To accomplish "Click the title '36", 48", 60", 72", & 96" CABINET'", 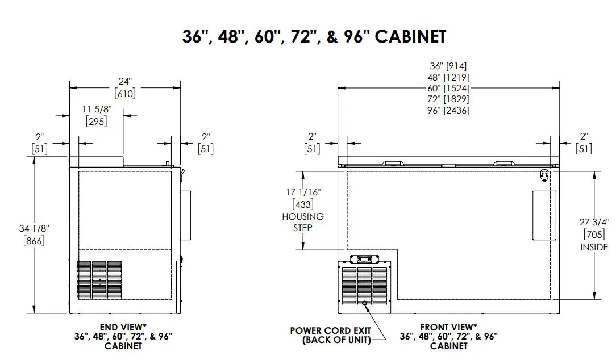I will pos(314,36).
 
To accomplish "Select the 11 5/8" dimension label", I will pos(96,108).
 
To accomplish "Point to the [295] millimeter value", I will pos(96,121).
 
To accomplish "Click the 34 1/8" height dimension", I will pos(34,228).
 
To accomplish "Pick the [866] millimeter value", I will pos(34,240).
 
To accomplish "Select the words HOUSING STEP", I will pos(302,222).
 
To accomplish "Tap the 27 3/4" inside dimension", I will pos(594,222).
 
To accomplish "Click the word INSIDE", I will pos(594,247).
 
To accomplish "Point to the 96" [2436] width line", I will pos(449,111).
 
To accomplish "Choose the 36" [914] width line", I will pos(449,66).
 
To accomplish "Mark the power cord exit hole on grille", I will pos(365,303).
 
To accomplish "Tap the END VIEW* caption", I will pos(122,327).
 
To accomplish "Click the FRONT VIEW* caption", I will pos(448,327).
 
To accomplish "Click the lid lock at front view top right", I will pos(544,175).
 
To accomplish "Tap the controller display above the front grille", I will pos(364,259).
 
